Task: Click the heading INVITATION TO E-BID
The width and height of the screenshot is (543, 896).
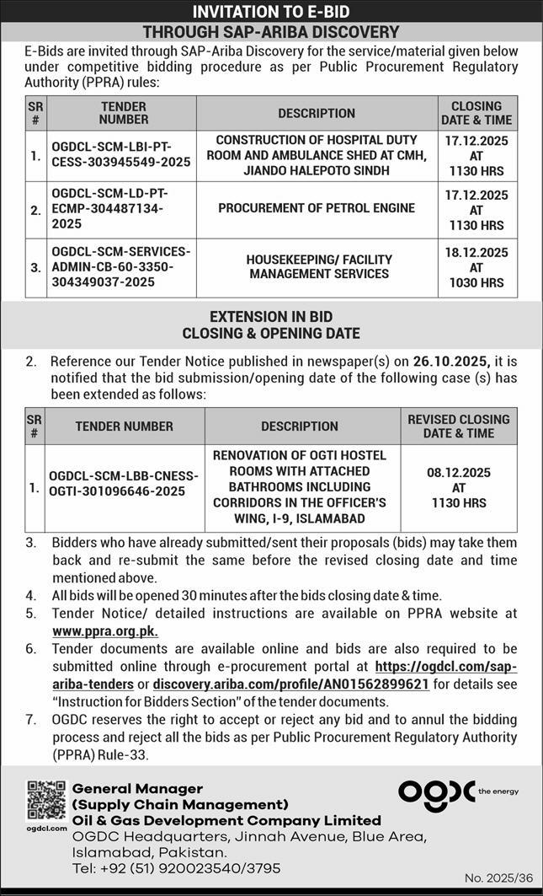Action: pyautogui.click(x=271, y=11)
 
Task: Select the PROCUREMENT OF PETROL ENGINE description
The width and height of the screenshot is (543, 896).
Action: pyautogui.click(x=317, y=208)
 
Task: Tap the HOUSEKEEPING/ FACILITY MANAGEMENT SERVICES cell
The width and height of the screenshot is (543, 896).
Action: pyautogui.click(x=318, y=266)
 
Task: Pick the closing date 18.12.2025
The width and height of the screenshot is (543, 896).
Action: pyautogui.click(x=476, y=252)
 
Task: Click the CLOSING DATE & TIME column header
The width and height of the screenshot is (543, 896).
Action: pyautogui.click(x=476, y=113)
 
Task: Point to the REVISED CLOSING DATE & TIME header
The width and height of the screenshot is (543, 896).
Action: pyautogui.click(x=459, y=426)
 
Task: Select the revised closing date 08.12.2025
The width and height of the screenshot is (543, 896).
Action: pyautogui.click(x=459, y=473)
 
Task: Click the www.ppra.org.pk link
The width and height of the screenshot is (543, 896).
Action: pyautogui.click(x=105, y=630)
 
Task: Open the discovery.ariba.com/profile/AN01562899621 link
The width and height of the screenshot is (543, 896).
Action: pyautogui.click(x=291, y=684)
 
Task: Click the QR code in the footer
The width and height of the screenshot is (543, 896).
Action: pyautogui.click(x=45, y=801)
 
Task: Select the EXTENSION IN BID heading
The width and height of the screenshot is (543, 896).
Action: pyautogui.click(x=271, y=317)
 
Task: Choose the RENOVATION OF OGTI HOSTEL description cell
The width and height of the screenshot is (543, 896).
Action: pyautogui.click(x=300, y=486)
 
